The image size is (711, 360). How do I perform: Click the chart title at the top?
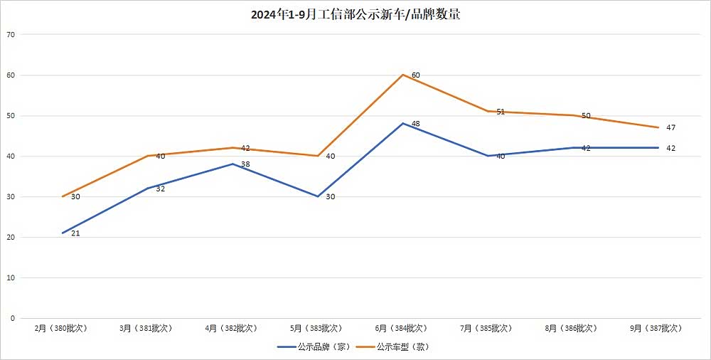pyautogui.click(x=355, y=14)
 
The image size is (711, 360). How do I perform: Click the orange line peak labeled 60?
pyautogui.click(x=402, y=75)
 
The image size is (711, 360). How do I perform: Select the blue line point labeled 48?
pyautogui.click(x=402, y=123)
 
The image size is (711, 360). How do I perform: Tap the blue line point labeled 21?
pyautogui.click(x=63, y=233)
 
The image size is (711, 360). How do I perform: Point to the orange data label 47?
pyautogui.click(x=670, y=128)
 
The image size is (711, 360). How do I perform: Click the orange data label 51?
pyautogui.click(x=501, y=112)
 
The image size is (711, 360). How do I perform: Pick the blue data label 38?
pyautogui.click(x=245, y=164)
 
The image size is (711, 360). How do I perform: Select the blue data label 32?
pyautogui.click(x=160, y=189)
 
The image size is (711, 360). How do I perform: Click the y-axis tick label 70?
pyautogui.click(x=10, y=34)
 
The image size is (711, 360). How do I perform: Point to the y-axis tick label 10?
pyautogui.click(x=10, y=277)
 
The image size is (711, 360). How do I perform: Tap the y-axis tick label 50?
pyautogui.click(x=10, y=115)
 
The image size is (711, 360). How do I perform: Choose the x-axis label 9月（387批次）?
pyautogui.click(x=656, y=328)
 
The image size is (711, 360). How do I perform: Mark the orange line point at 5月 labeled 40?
pyautogui.click(x=318, y=156)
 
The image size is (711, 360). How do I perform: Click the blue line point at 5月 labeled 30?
pyautogui.click(x=318, y=196)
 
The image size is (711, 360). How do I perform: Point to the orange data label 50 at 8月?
pyautogui.click(x=586, y=116)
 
